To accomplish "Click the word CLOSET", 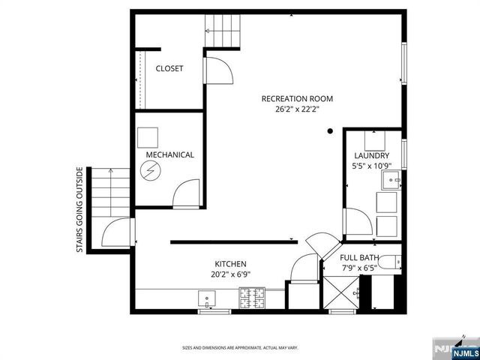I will (x=169, y=69).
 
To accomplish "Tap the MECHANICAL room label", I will (x=170, y=155).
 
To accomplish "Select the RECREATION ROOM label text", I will (x=297, y=99).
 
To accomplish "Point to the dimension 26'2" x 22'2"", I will (x=297, y=109).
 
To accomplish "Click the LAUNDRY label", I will (x=372, y=156).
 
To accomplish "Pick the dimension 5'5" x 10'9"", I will (x=372, y=166).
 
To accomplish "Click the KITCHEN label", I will (x=231, y=264).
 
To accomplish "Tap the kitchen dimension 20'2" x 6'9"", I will (x=231, y=274).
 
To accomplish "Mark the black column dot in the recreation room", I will (x=330, y=131).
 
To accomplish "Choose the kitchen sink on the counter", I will (x=206, y=300).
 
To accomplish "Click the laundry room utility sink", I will (x=390, y=180).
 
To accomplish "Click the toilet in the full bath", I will (x=388, y=263).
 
